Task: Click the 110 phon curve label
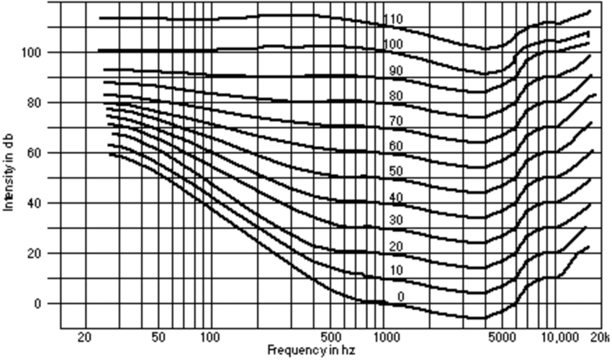click(393, 19)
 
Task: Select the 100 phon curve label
click(393, 45)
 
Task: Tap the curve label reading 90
click(395, 71)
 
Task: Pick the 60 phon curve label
click(395, 146)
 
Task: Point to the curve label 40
click(395, 197)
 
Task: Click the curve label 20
click(395, 247)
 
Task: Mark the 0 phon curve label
click(400, 297)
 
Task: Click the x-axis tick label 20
click(84, 337)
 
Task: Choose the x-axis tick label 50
click(159, 337)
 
